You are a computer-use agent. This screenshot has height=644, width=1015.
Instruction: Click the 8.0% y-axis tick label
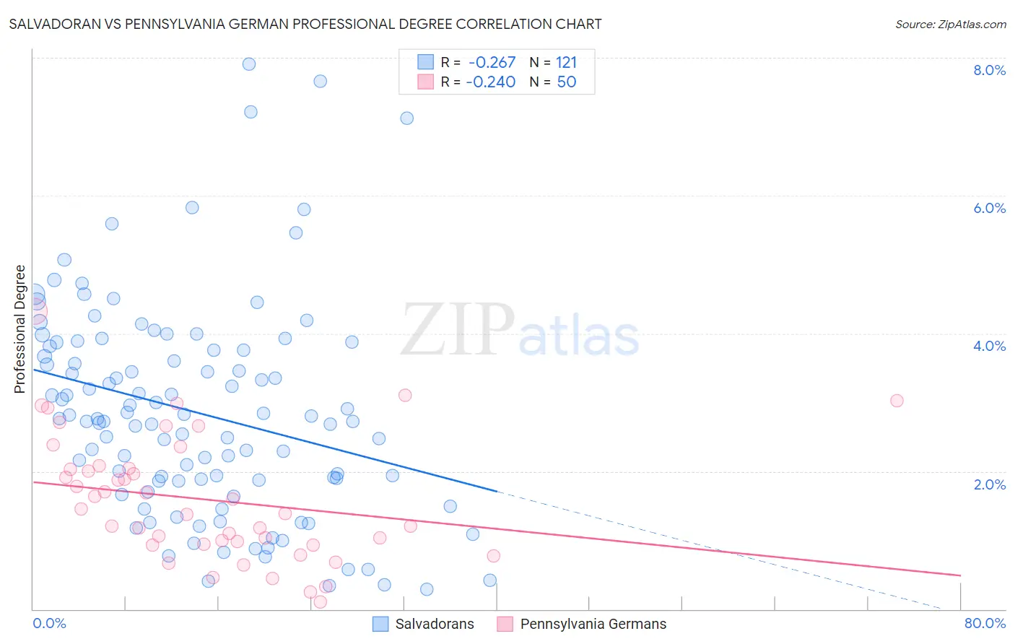click(989, 70)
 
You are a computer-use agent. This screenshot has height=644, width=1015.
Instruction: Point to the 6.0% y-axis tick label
click(989, 208)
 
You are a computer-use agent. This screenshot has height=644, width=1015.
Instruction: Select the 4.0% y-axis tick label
click(989, 346)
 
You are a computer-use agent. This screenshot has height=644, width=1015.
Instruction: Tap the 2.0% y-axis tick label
click(989, 484)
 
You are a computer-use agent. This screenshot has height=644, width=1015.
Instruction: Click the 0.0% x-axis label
click(49, 623)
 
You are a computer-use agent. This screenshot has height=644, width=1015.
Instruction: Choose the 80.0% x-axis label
click(985, 623)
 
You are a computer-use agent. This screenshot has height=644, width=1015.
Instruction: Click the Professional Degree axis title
click(19, 329)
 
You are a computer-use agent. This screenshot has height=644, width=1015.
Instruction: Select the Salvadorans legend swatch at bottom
click(381, 624)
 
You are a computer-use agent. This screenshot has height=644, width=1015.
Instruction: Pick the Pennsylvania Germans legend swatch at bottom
click(505, 624)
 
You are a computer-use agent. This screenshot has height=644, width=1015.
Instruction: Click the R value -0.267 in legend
click(492, 63)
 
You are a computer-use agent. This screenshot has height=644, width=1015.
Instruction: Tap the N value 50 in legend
click(567, 82)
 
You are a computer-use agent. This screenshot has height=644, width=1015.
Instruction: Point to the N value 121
click(566, 63)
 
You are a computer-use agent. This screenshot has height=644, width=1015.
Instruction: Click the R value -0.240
click(491, 82)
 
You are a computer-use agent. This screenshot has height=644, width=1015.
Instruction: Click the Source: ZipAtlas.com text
click(950, 25)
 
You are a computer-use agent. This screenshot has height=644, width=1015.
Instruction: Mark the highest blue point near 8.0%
click(249, 64)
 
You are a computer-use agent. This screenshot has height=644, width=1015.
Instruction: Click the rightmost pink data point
click(897, 401)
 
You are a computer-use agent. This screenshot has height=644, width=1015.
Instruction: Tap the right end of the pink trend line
click(960, 575)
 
